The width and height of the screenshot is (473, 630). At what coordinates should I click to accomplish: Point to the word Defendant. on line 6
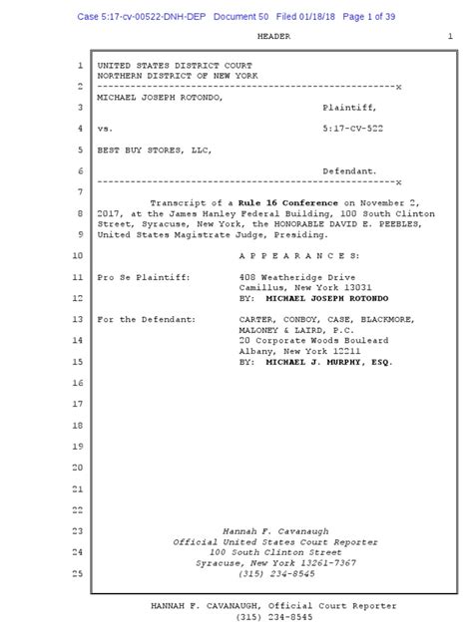(x=349, y=171)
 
